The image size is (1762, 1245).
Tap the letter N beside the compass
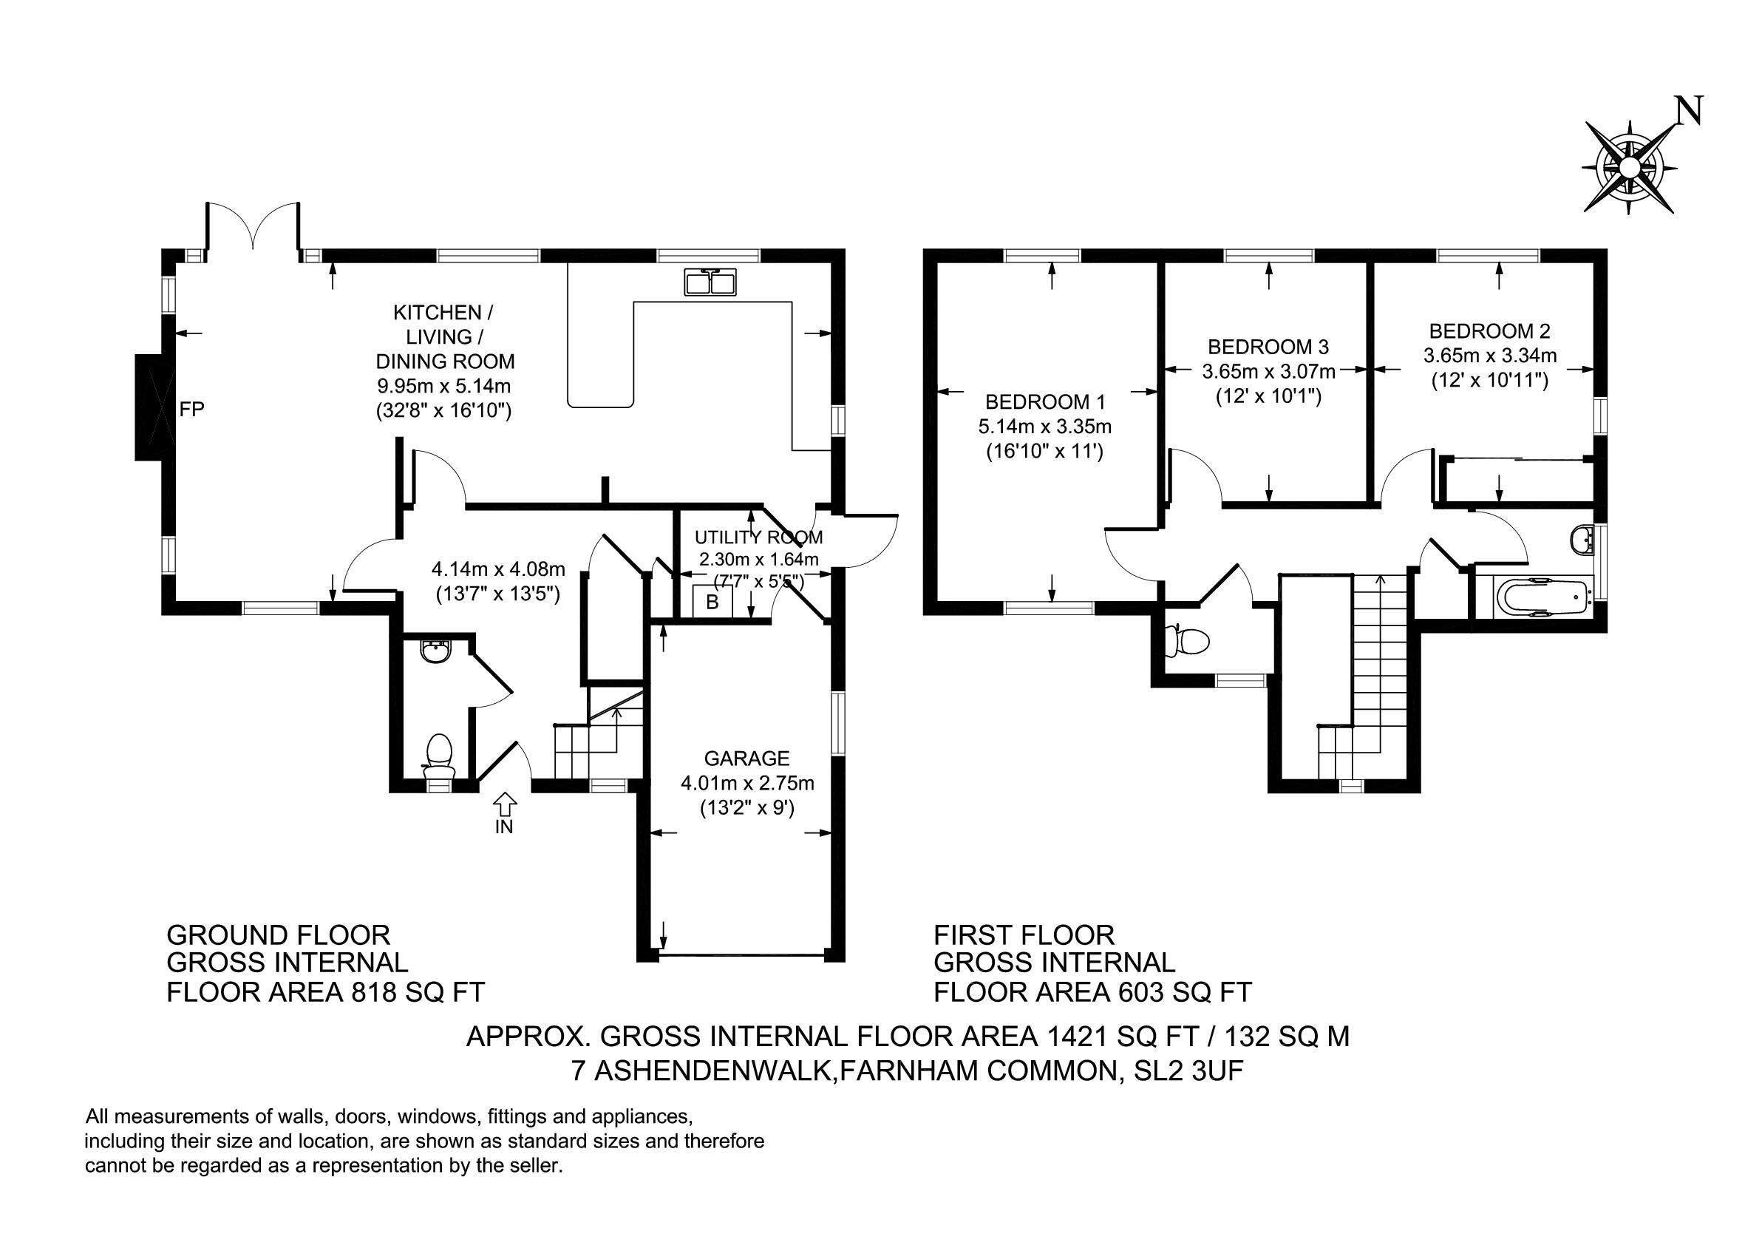(x=1689, y=111)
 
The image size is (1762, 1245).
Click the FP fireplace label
(x=192, y=410)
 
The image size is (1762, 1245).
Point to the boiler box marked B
(x=712, y=603)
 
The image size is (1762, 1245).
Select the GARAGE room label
(x=746, y=759)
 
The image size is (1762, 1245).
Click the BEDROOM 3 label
(x=1268, y=346)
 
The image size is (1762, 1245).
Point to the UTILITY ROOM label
(x=758, y=537)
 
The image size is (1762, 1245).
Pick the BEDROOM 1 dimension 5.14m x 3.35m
(x=1044, y=426)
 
